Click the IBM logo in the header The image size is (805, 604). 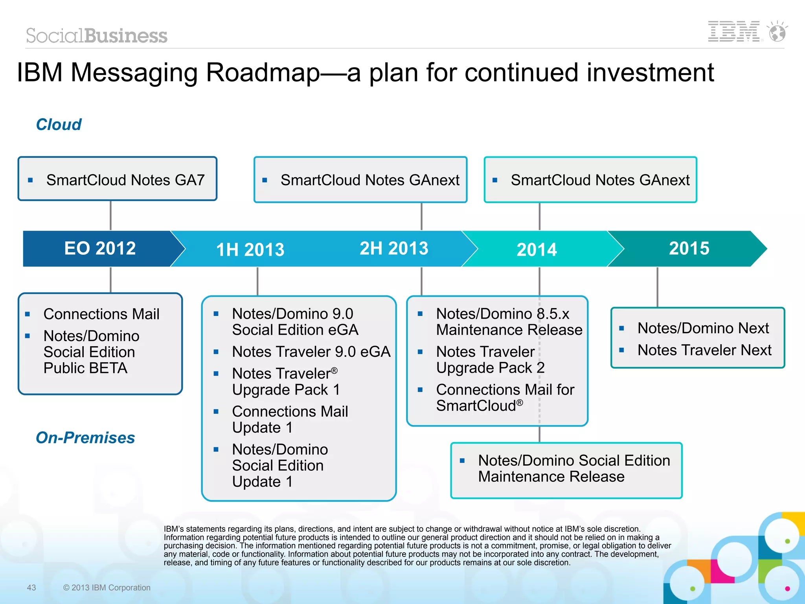pos(733,31)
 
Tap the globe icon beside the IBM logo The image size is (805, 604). pos(777,32)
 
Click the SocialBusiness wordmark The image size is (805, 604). pos(97,36)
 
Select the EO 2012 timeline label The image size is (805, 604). pos(100,248)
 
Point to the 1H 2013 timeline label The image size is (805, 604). pos(250,250)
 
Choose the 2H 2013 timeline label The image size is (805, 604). pos(394,248)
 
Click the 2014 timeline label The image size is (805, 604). pos(537,250)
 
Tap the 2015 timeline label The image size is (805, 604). pos(689,248)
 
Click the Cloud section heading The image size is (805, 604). pos(59,125)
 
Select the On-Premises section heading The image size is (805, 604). pos(85,437)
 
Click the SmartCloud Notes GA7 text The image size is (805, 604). pos(125,180)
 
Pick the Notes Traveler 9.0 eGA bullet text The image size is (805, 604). pos(311,351)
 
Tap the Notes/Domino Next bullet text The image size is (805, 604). pos(703,328)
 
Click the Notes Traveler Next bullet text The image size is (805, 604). pos(704,350)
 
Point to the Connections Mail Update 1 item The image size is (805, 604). pos(290,419)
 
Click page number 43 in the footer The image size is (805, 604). pos(31,587)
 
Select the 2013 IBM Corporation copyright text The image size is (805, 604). pos(107,587)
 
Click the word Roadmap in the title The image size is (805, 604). pos(263,73)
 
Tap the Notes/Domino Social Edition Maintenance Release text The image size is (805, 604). pos(573,468)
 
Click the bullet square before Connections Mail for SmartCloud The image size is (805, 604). pos(420,390)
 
